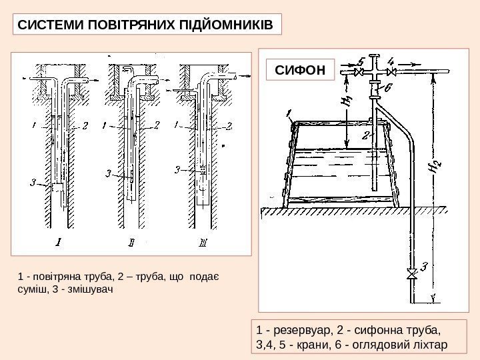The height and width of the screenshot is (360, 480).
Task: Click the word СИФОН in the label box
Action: click(300, 69)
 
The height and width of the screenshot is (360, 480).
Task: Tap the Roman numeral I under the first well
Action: click(59, 242)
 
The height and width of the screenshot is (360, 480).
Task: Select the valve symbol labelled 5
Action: click(358, 71)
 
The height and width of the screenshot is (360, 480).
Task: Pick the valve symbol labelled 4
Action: click(393, 71)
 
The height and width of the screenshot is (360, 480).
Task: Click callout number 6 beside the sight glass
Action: click(388, 87)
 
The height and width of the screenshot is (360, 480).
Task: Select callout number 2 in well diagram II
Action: click(156, 125)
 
